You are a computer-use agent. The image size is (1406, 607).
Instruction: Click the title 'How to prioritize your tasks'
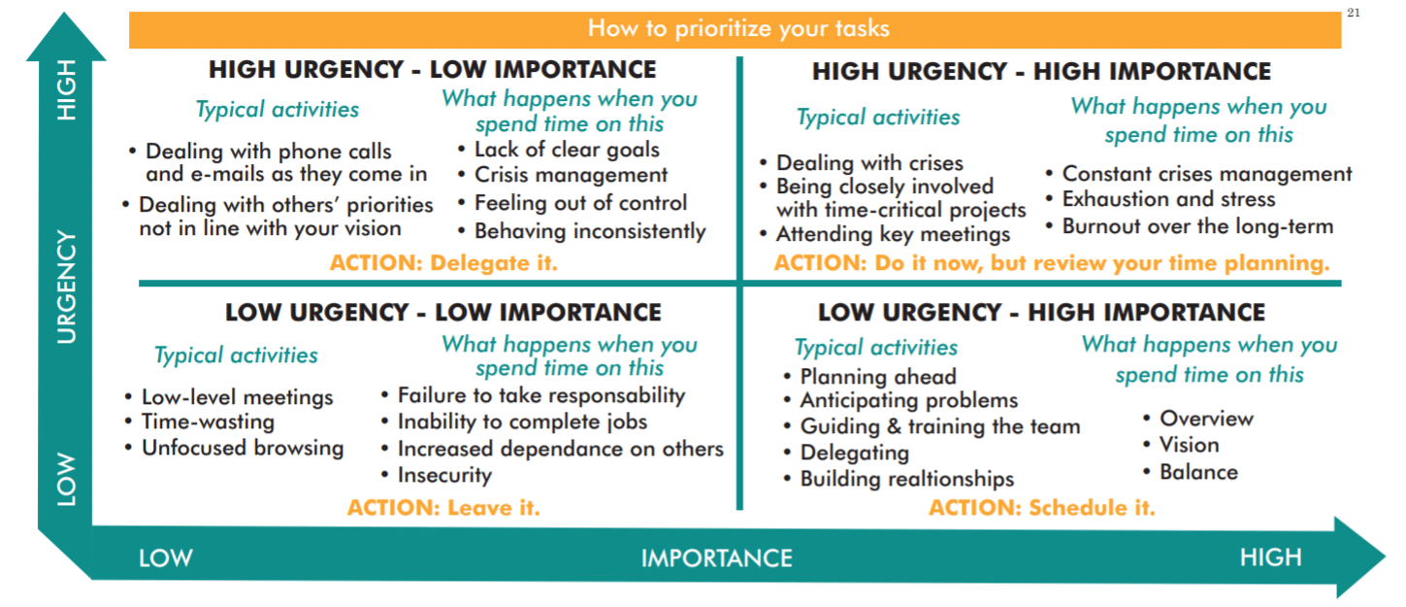click(x=738, y=28)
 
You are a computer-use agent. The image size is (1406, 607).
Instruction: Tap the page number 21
click(x=1354, y=13)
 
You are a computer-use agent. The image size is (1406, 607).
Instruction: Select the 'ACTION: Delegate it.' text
click(x=443, y=262)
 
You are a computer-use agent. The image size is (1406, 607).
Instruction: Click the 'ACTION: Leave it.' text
click(x=443, y=507)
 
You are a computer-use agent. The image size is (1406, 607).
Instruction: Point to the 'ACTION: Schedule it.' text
click(x=1042, y=507)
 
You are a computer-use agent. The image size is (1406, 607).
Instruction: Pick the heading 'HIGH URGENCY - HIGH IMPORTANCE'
click(x=1041, y=72)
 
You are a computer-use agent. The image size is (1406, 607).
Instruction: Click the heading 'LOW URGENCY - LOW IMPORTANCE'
click(x=443, y=313)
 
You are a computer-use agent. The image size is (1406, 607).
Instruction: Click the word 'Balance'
click(x=1199, y=472)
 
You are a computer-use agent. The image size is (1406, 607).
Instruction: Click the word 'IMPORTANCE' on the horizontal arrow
click(x=717, y=558)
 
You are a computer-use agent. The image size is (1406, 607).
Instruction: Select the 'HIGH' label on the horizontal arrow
click(x=1271, y=557)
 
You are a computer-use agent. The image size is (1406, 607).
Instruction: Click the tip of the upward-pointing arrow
click(x=64, y=13)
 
